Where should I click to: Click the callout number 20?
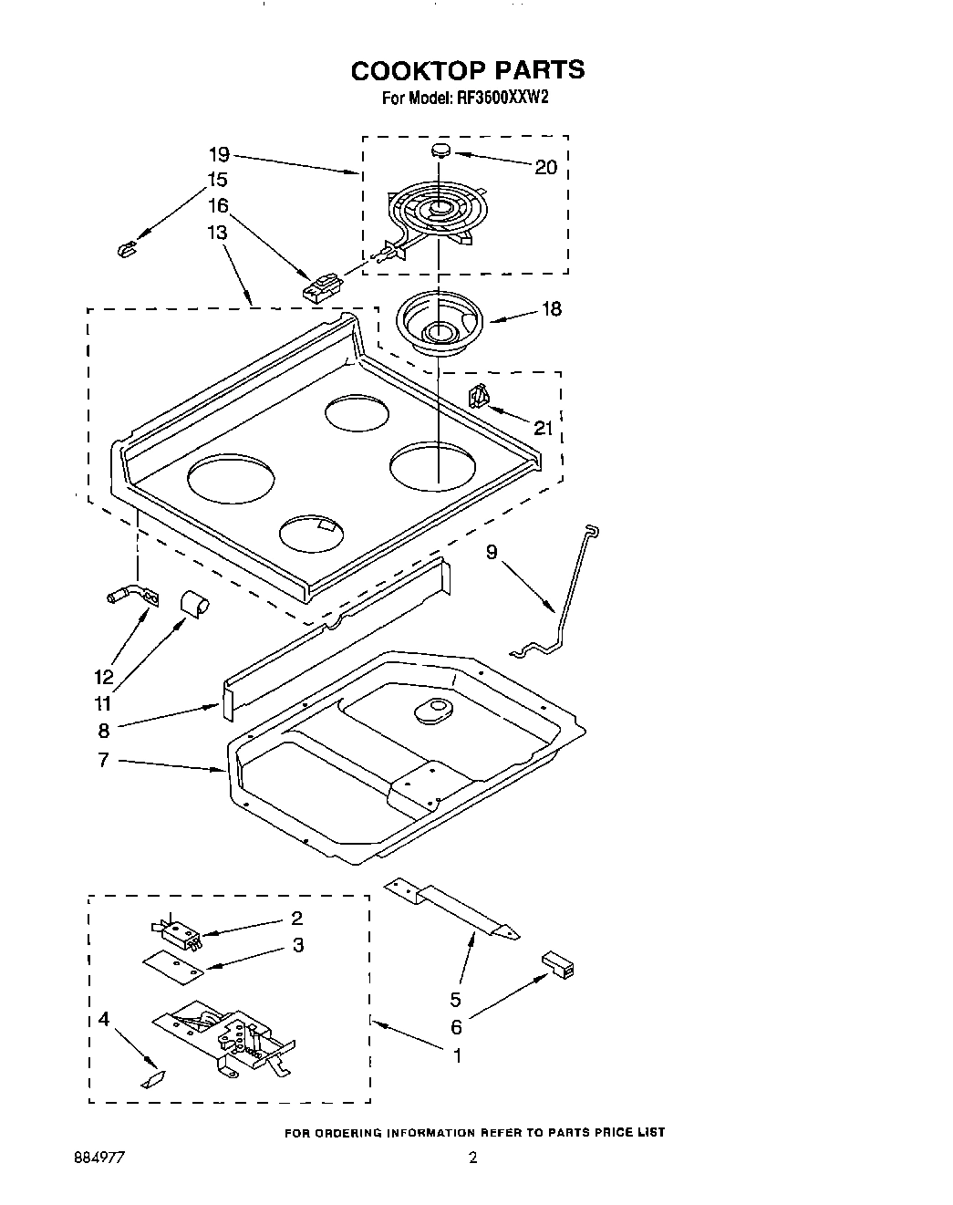pyautogui.click(x=545, y=167)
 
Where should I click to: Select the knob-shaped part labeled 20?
pyautogui.click(x=440, y=149)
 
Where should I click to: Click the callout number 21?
pyautogui.click(x=543, y=428)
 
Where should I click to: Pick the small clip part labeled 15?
pyautogui.click(x=127, y=248)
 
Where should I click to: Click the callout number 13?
pyautogui.click(x=217, y=233)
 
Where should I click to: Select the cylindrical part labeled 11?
pyautogui.click(x=193, y=602)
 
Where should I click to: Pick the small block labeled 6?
pyautogui.click(x=557, y=963)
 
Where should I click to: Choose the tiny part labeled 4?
pyautogui.click(x=152, y=1079)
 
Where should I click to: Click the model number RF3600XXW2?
pyautogui.click(x=500, y=99)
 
